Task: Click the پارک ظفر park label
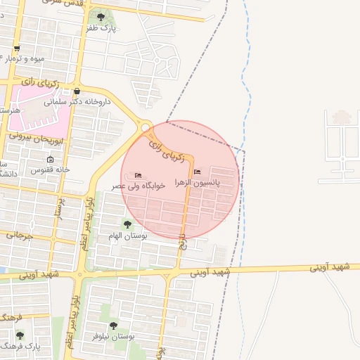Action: click(x=101, y=28)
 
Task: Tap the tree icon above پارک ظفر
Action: click(x=101, y=16)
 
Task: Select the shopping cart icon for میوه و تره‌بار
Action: click(x=16, y=49)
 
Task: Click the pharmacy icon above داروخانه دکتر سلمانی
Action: click(x=77, y=91)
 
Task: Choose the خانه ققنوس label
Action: click(x=50, y=170)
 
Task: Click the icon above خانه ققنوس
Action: click(x=50, y=160)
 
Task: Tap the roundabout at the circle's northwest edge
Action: click(x=146, y=127)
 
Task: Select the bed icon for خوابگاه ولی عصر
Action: click(x=138, y=174)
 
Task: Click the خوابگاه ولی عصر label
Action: click(x=139, y=186)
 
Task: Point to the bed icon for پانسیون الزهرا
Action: click(x=197, y=172)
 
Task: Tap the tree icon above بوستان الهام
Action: click(x=127, y=224)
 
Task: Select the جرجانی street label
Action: click(x=20, y=234)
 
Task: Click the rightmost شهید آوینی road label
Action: click(x=330, y=266)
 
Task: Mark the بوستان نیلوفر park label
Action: click(x=115, y=337)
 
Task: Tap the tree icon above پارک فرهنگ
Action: click(x=20, y=335)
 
